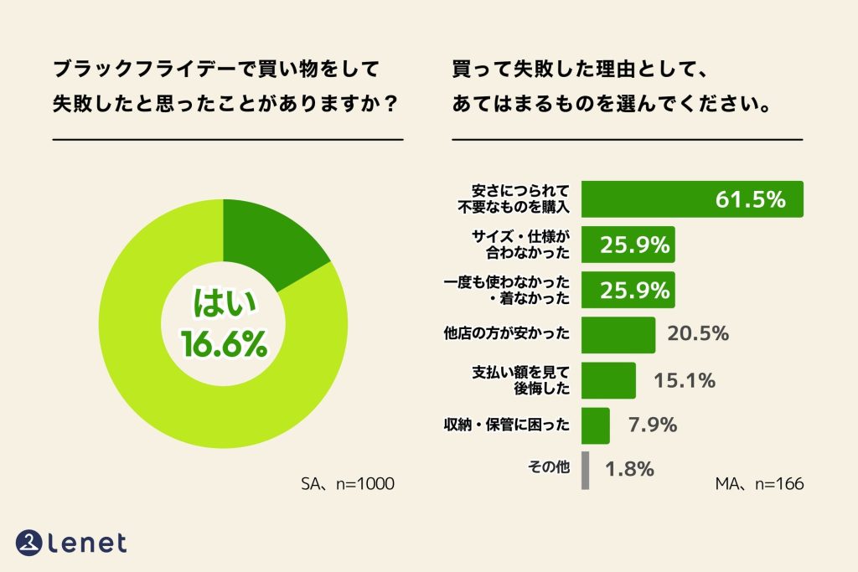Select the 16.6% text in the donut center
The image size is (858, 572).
click(x=224, y=344)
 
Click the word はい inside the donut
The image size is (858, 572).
click(x=224, y=303)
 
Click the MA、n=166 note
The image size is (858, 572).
click(x=759, y=484)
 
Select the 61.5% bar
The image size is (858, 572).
click(x=692, y=199)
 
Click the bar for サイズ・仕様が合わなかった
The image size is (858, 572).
click(x=628, y=245)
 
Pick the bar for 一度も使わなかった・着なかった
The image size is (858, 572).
click(x=628, y=290)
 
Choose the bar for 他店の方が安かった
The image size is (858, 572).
click(x=618, y=335)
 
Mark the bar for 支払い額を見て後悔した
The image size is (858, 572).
click(x=608, y=380)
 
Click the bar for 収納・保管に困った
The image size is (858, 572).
click(x=595, y=425)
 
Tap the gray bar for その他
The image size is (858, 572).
click(x=585, y=470)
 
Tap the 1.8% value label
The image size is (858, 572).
click(x=628, y=470)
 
